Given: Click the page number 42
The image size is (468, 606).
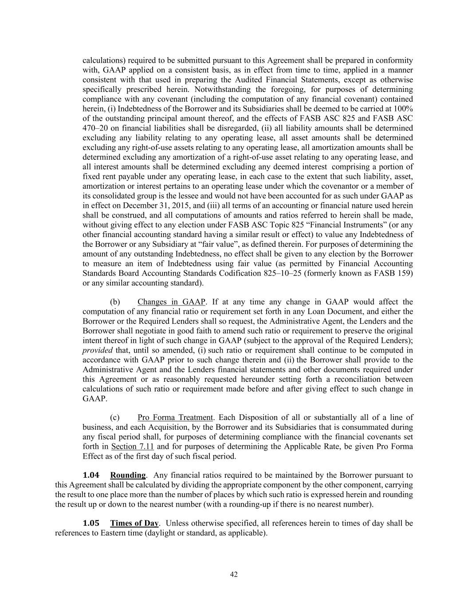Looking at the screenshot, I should click(x=234, y=574).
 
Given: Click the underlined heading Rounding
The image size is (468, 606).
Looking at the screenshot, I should click(x=128, y=475).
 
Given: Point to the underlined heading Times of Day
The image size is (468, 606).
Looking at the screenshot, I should click(x=134, y=523).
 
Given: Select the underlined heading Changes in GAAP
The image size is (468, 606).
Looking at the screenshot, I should click(x=171, y=302).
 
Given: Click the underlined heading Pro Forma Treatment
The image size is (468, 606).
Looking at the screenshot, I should click(x=175, y=417).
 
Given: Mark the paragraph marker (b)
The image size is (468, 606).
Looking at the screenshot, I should click(x=115, y=302).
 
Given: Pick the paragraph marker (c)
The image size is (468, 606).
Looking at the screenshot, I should click(x=115, y=417).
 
